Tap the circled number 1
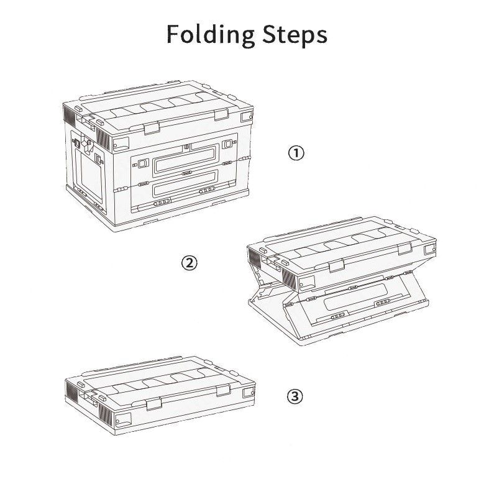point(296,153)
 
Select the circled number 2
point(190,263)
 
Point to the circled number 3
point(295,396)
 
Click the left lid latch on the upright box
point(152,128)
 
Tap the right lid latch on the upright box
point(221,114)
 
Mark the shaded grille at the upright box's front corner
point(104,138)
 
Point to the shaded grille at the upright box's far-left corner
point(69,114)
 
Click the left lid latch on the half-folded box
point(337,266)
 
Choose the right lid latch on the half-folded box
point(404,249)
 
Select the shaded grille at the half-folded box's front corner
point(289,277)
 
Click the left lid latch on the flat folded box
point(153,404)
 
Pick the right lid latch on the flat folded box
point(223,390)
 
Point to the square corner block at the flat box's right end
point(249,391)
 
